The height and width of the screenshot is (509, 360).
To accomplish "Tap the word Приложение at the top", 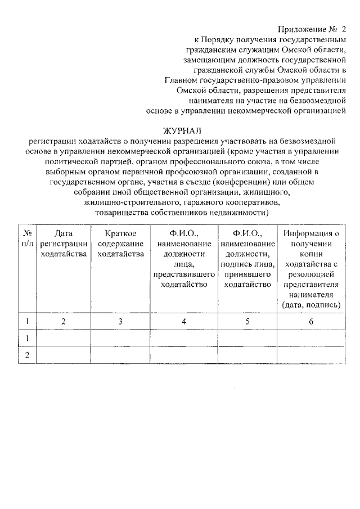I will click(x=302, y=29).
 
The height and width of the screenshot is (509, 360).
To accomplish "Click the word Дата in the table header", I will click(x=64, y=233).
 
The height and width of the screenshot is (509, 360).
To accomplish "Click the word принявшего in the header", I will click(x=248, y=274).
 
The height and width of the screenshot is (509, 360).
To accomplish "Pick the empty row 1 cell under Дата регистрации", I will click(x=64, y=337).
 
